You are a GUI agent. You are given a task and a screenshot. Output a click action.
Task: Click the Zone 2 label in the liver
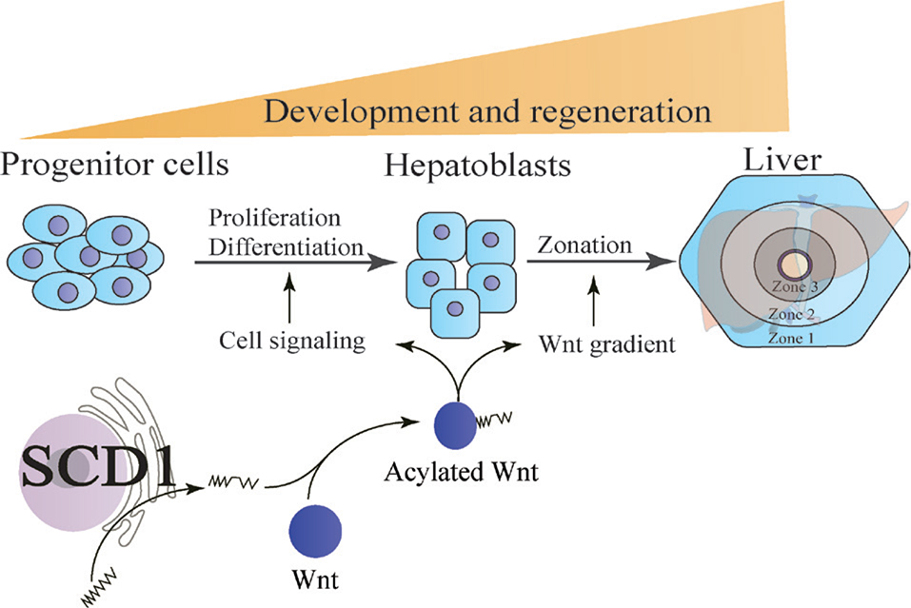click(792, 314)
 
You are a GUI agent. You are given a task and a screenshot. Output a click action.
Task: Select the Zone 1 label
click(792, 336)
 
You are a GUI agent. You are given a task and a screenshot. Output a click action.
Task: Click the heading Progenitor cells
click(115, 166)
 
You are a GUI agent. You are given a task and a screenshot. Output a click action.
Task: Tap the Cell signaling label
click(291, 341)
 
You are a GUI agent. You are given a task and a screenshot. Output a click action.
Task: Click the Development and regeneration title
click(487, 111)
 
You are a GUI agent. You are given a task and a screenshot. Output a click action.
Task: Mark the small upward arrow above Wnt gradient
click(595, 295)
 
